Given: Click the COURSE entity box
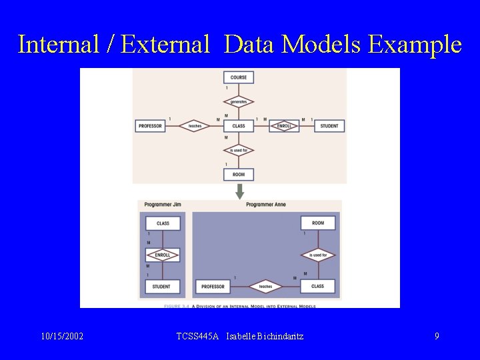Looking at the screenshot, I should [239, 77].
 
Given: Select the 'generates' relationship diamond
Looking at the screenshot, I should [239, 102].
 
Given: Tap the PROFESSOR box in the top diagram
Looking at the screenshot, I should [151, 126].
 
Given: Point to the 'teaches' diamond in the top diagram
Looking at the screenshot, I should [195, 126].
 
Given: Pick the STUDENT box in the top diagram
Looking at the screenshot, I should [329, 126].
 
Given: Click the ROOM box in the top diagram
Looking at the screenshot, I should [239, 175].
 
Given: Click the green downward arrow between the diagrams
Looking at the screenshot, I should [240, 191].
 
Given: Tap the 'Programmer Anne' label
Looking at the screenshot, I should [265, 204].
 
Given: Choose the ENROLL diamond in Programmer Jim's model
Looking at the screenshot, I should [163, 255].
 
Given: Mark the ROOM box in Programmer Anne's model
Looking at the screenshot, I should [318, 223].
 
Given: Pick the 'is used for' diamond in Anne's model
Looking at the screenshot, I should [318, 255].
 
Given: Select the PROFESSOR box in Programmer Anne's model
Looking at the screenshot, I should [213, 287].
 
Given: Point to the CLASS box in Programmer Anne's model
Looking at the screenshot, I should [318, 287].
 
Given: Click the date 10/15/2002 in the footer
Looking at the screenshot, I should [62, 337].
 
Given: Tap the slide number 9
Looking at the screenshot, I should [437, 337].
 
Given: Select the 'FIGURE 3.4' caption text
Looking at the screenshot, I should [177, 306].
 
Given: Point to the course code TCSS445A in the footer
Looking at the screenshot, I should [197, 337].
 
